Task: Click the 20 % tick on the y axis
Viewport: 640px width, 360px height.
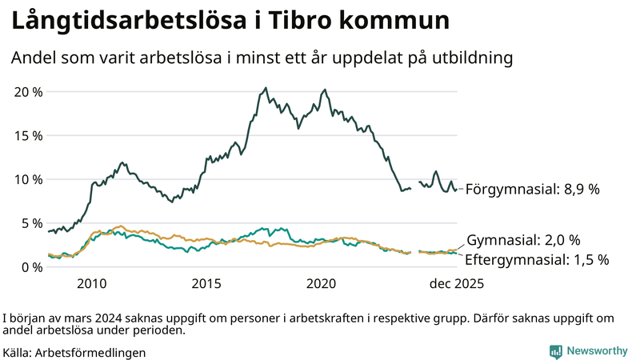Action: click(29, 91)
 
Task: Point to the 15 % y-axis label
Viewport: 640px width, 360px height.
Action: click(29, 135)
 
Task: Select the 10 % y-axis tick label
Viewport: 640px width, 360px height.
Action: click(29, 179)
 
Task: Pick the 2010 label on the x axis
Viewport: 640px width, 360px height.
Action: click(91, 284)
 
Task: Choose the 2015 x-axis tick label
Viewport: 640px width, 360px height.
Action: click(206, 284)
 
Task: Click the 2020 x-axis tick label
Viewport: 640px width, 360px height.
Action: click(322, 284)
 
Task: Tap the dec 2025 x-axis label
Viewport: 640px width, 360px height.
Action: click(451, 284)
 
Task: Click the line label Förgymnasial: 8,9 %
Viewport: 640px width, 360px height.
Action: click(532, 190)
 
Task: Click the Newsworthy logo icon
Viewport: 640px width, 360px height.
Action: click(555, 351)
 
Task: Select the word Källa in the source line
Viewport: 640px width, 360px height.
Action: click(18, 352)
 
